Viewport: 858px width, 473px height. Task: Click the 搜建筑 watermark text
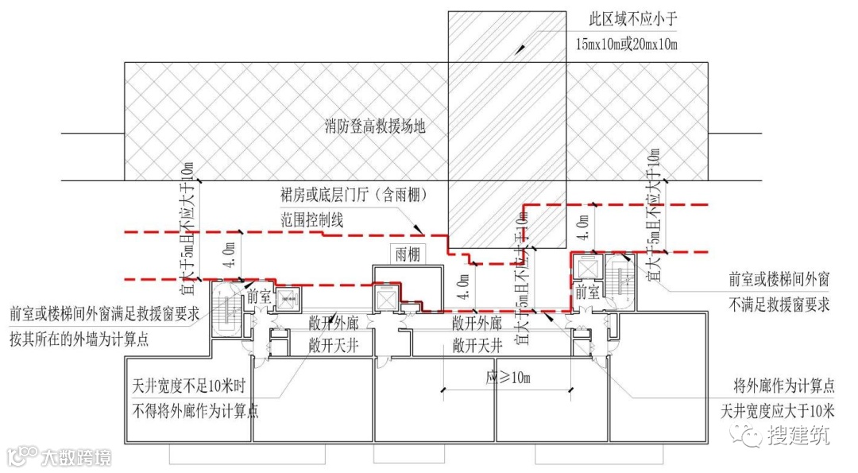(798, 435)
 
